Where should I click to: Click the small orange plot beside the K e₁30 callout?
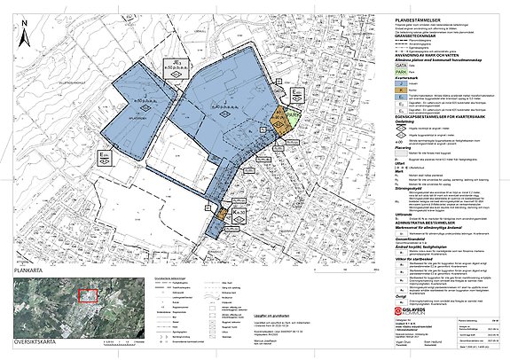click(x=219, y=215)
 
